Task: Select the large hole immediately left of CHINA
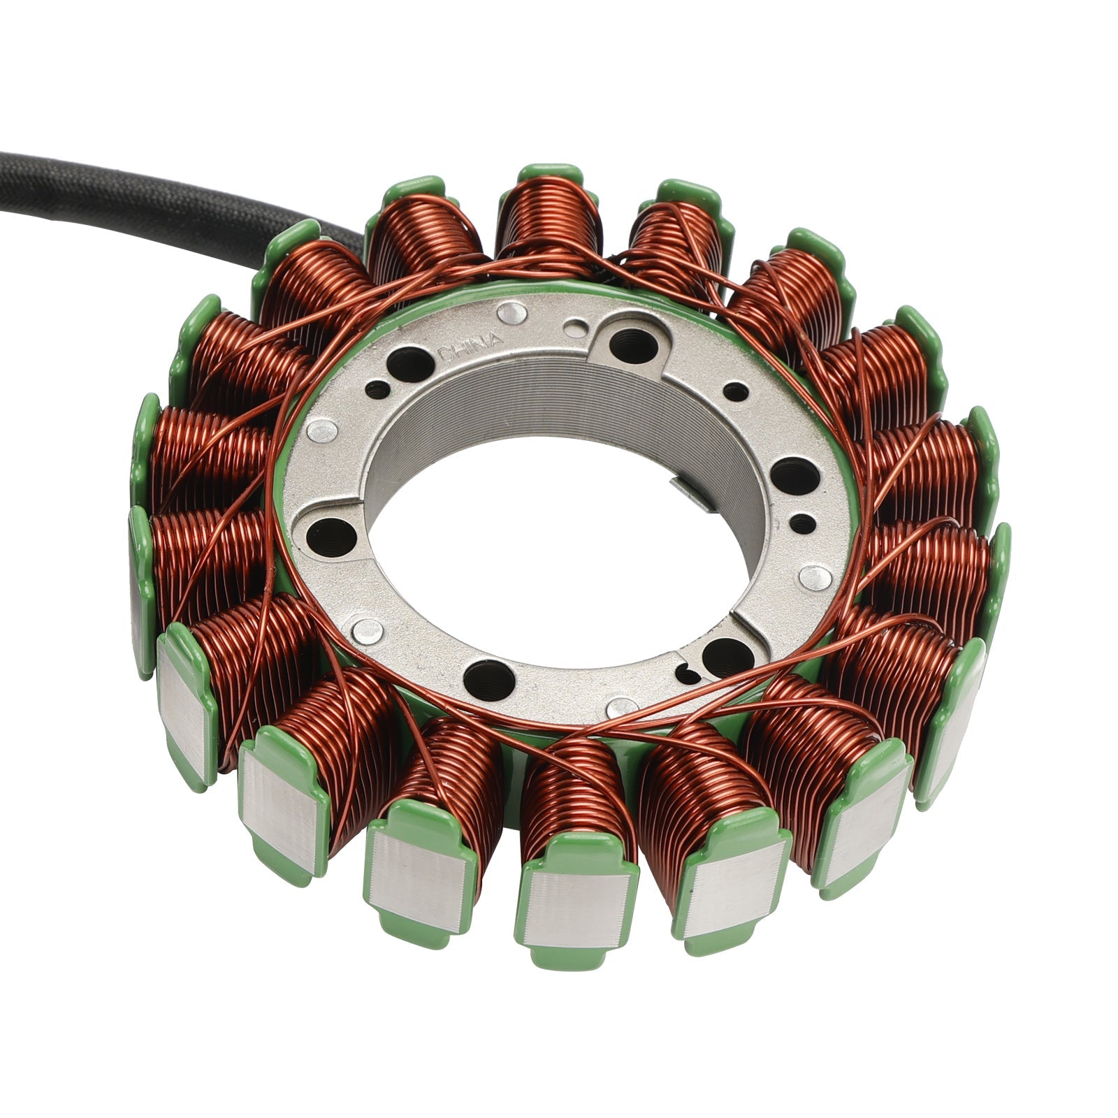click(412, 363)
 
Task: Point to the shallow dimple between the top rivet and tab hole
click(575, 326)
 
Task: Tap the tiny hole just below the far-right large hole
click(805, 521)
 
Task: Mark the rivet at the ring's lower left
click(366, 631)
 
